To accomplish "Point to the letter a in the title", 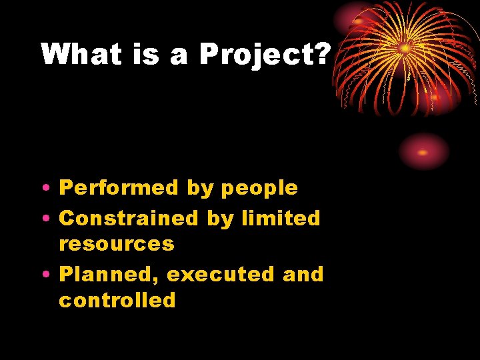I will [179, 56].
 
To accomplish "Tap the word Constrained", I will [129, 218].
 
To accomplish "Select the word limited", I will [282, 218].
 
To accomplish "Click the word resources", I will [117, 244].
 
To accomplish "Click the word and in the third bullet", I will [303, 274].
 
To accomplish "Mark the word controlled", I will [117, 300].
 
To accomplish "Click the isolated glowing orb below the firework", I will [424, 151].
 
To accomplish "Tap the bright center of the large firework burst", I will [405, 47].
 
